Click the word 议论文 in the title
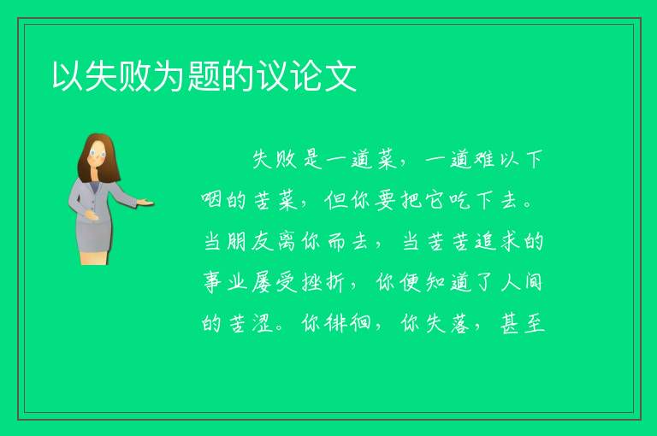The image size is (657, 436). tap(307, 76)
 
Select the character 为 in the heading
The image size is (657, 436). tap(169, 76)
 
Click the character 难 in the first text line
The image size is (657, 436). tap(484, 160)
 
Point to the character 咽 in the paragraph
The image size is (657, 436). tap(211, 200)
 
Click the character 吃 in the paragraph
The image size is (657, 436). tap(459, 200)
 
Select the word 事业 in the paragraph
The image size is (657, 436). tap(225, 282)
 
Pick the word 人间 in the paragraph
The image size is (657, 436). tap(521, 282)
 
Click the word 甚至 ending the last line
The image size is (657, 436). tap(522, 323)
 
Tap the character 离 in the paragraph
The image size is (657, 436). tap(287, 241)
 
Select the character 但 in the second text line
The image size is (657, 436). tap(335, 200)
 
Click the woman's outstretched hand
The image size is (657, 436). tap(145, 203)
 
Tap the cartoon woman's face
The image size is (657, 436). tap(98, 154)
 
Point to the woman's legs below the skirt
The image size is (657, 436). tap(94, 257)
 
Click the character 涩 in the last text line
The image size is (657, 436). tap(263, 323)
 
